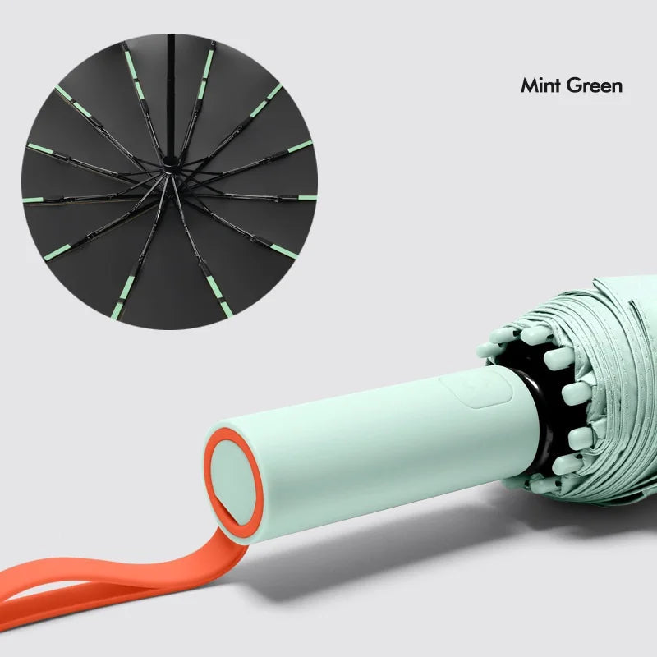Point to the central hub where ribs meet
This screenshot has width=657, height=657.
170,165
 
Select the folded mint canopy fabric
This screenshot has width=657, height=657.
608,394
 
